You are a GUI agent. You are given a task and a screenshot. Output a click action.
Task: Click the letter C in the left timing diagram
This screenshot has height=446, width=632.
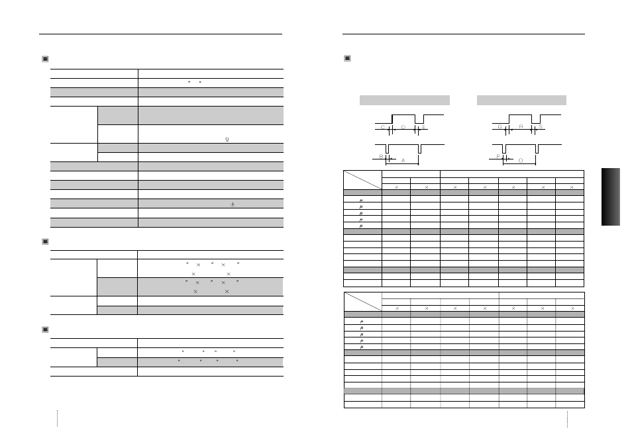(382, 126)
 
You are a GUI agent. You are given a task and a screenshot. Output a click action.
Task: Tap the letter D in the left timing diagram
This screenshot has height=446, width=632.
(403, 126)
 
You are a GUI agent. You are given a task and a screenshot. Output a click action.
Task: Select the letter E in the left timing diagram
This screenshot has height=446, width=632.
(424, 126)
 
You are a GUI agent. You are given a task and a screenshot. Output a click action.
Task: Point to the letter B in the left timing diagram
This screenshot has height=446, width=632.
(382, 157)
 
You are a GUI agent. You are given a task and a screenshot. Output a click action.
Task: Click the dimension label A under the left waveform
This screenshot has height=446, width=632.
(403, 160)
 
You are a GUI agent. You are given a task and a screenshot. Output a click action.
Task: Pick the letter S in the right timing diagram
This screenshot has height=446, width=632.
(541, 126)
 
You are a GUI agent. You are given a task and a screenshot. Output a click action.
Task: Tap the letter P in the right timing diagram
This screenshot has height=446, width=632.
(499, 157)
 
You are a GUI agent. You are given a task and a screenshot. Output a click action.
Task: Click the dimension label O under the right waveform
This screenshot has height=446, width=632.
(520, 160)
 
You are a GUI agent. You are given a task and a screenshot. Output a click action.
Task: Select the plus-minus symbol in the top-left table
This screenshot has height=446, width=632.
(233, 204)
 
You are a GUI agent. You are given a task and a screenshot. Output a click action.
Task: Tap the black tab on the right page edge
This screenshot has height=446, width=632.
(611, 196)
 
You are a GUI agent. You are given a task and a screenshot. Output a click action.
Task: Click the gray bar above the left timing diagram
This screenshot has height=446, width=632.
(404, 100)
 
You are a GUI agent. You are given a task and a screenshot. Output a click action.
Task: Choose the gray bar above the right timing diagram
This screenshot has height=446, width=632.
(521, 100)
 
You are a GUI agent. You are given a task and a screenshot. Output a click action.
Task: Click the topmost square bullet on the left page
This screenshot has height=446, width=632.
(45, 59)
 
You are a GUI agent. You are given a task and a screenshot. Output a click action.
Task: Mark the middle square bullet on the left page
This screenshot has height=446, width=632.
(45, 242)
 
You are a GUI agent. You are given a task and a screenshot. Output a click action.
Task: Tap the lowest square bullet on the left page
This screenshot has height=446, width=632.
(45, 330)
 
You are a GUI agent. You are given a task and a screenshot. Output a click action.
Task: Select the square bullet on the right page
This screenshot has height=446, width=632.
(347, 59)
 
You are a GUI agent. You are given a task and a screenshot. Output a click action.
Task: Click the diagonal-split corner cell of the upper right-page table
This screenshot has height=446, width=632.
(362, 180)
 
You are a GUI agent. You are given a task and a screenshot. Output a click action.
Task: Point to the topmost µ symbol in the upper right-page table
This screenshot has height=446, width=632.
(362, 199)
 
